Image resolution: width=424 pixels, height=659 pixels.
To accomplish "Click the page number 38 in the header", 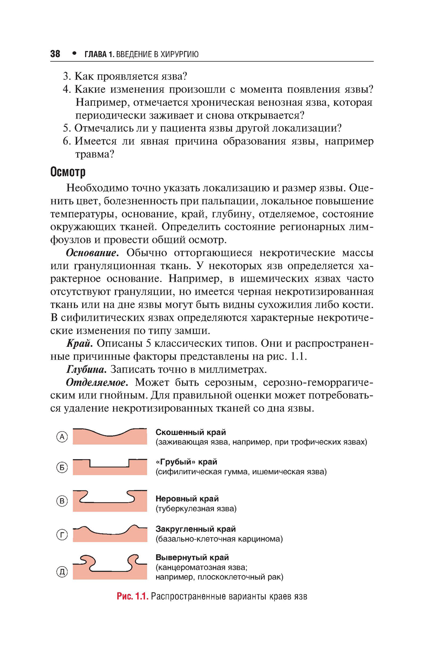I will click(x=55, y=54).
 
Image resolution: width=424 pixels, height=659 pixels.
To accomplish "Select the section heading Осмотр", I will click(x=68, y=172).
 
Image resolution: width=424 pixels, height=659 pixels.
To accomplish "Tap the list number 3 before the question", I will click(x=66, y=76).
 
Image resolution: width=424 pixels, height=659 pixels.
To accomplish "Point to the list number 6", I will click(x=66, y=141).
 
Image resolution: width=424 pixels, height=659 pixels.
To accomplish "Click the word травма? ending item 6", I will click(x=95, y=154).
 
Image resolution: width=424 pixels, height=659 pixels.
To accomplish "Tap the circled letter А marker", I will click(x=62, y=437).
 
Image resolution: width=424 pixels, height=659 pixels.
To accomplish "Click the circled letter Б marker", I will click(x=62, y=468).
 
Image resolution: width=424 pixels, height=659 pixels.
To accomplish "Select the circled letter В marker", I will click(x=62, y=501).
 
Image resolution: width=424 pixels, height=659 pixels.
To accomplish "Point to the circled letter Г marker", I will click(x=62, y=535).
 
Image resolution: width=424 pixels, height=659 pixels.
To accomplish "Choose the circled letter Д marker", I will click(x=62, y=572).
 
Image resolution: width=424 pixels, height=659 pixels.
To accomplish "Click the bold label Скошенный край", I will click(x=190, y=432).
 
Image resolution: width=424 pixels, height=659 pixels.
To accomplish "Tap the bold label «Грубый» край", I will click(x=186, y=462).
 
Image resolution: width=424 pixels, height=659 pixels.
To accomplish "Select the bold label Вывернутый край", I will click(x=192, y=557).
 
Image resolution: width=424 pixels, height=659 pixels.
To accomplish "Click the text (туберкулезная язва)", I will click(x=196, y=508).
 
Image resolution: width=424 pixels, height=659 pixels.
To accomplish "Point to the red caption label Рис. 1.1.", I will click(x=132, y=596).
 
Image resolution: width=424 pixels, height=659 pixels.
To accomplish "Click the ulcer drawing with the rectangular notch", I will click(x=110, y=467).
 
